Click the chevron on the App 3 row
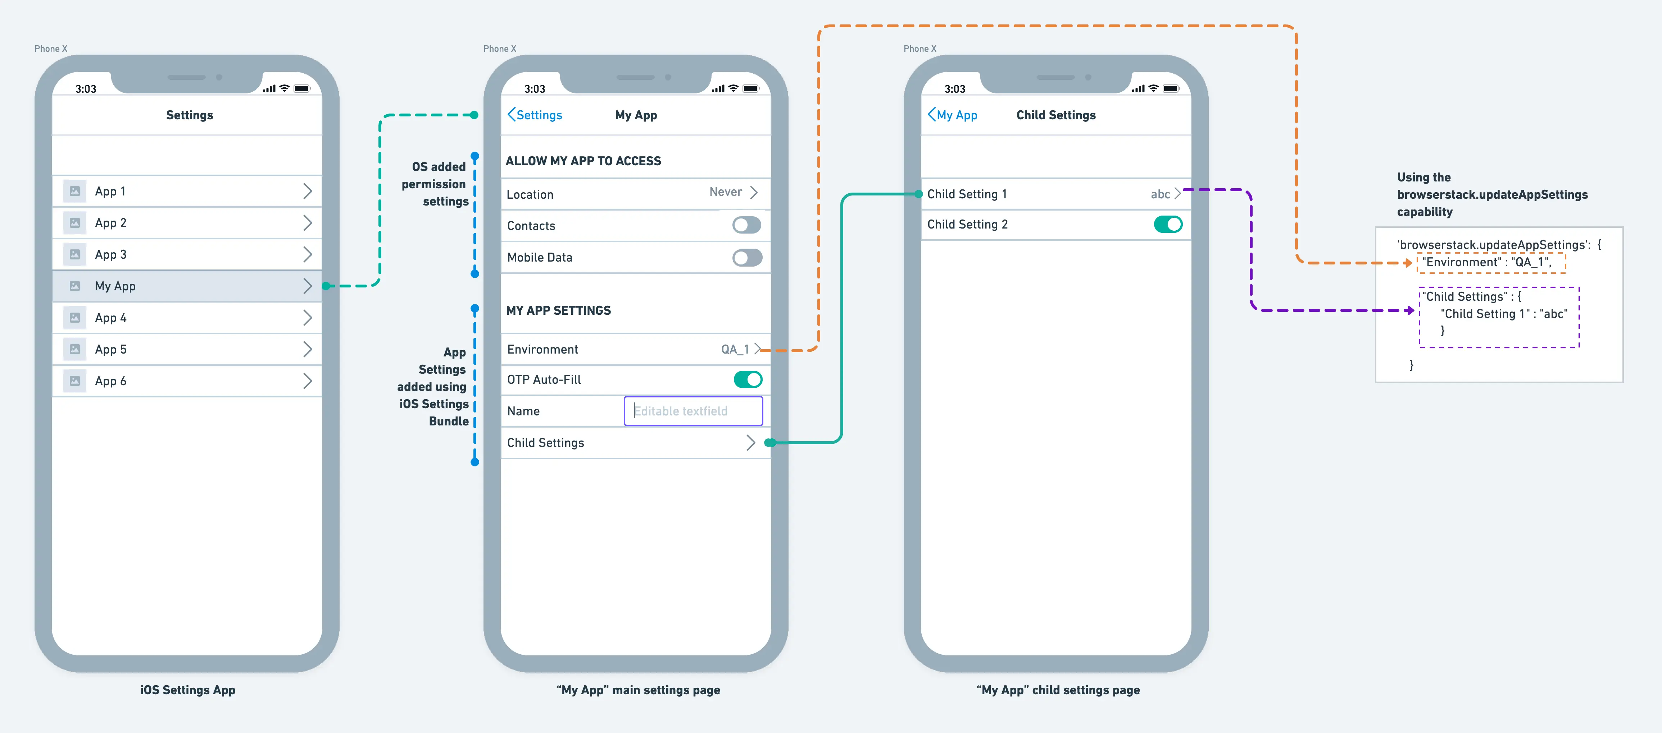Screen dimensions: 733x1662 (x=308, y=255)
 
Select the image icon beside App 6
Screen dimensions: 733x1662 (x=75, y=381)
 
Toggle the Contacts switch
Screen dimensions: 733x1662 (x=746, y=225)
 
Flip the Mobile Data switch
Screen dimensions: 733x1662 (x=746, y=257)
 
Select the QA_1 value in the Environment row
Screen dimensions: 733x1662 (x=735, y=349)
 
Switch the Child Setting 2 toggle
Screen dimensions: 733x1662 (x=1168, y=224)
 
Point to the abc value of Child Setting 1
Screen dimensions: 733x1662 (x=1160, y=194)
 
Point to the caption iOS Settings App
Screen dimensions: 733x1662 (x=188, y=690)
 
